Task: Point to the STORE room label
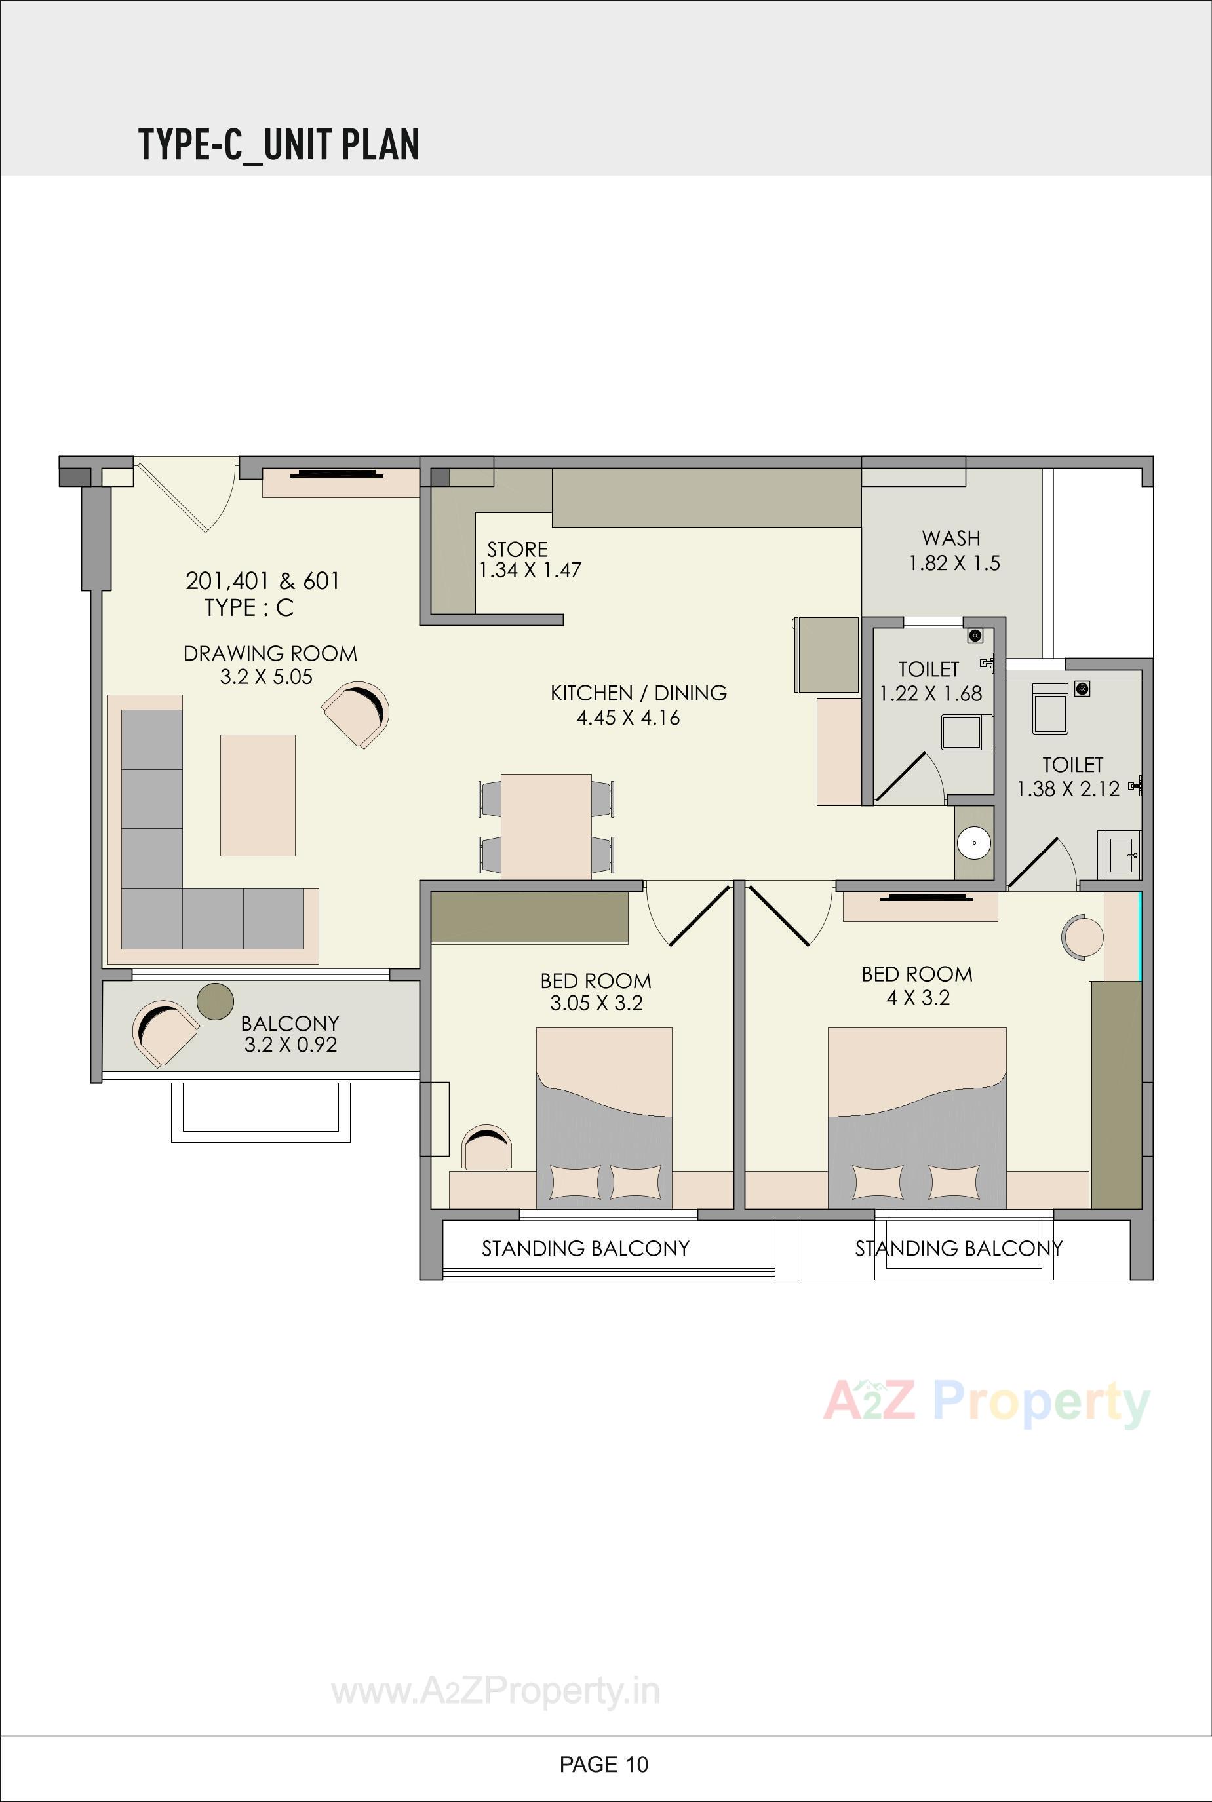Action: (x=517, y=549)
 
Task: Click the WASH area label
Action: (x=950, y=538)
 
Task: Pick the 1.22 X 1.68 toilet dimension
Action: (x=931, y=693)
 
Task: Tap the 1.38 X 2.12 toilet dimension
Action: (x=1068, y=789)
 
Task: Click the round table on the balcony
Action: (x=215, y=1001)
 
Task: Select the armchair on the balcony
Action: (x=165, y=1031)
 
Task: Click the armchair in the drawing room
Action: (x=357, y=715)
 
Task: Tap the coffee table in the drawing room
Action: (x=258, y=795)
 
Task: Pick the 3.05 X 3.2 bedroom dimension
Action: (x=596, y=1004)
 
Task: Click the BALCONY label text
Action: (x=290, y=1023)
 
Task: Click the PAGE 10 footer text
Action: (x=604, y=1764)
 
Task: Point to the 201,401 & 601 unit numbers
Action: (x=263, y=581)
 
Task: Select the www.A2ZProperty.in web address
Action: (x=496, y=1691)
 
